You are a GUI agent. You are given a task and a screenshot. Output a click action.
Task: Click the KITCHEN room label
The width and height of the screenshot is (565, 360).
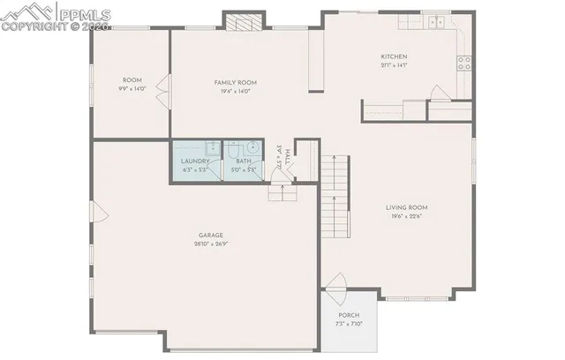click(394, 56)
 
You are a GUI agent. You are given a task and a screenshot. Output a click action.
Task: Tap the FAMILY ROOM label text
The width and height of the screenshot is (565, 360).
click(234, 82)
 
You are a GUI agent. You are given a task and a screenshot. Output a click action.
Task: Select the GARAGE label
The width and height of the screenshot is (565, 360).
click(209, 235)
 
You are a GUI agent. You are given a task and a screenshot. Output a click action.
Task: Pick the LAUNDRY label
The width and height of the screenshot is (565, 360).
click(195, 161)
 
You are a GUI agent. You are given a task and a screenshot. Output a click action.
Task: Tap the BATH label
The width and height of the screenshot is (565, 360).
click(244, 161)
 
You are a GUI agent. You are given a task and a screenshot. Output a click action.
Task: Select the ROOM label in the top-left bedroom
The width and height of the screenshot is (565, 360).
click(132, 79)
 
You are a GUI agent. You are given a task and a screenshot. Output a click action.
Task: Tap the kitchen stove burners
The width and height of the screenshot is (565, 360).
click(464, 62)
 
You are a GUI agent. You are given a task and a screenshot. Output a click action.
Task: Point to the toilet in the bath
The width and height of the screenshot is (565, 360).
click(233, 148)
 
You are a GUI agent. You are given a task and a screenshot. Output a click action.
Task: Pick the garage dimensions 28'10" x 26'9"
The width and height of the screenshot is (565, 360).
click(209, 244)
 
